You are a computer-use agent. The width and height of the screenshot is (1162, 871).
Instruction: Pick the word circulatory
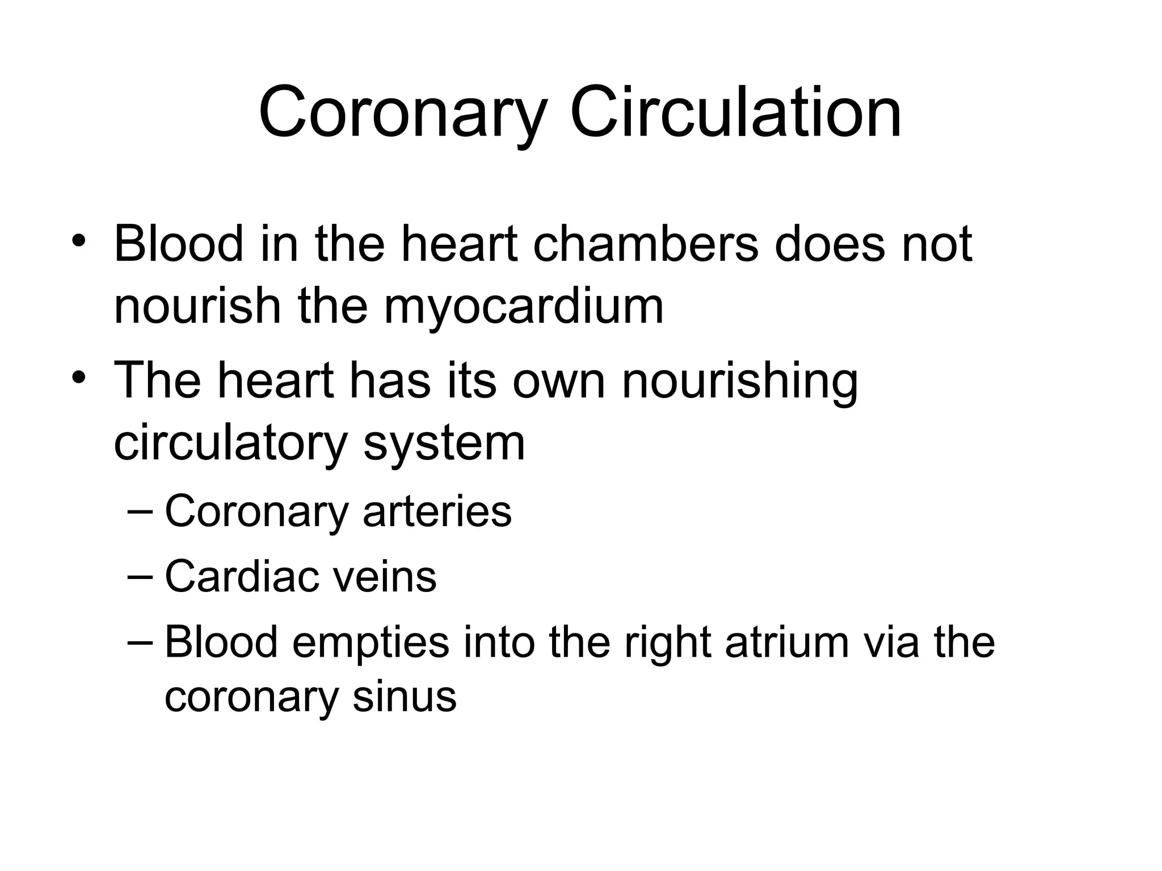(x=230, y=444)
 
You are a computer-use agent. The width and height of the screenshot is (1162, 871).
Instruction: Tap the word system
(x=444, y=444)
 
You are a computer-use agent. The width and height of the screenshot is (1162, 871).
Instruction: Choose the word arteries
(x=437, y=511)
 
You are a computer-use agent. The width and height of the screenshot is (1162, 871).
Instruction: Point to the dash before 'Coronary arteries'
(x=140, y=511)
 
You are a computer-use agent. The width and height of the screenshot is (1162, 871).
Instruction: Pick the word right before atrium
(x=667, y=644)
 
